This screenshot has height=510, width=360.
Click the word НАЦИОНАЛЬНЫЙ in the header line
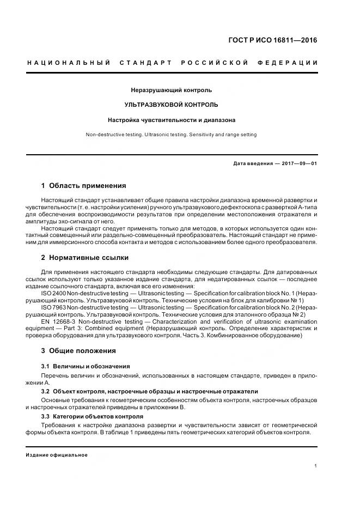(x=68, y=63)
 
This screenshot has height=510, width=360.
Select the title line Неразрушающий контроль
(x=171, y=90)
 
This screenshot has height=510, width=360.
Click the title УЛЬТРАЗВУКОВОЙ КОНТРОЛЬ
(x=171, y=105)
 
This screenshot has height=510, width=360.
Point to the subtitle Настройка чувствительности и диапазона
(x=171, y=119)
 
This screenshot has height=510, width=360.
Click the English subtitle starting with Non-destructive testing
(x=171, y=135)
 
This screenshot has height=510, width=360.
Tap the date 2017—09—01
(x=298, y=163)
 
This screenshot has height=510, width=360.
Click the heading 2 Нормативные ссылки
(x=85, y=257)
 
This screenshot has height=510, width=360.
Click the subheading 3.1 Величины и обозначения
(x=86, y=366)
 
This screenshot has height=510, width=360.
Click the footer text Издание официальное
(x=57, y=454)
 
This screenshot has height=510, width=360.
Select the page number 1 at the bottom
(x=316, y=466)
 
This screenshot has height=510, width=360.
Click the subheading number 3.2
(x=46, y=391)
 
